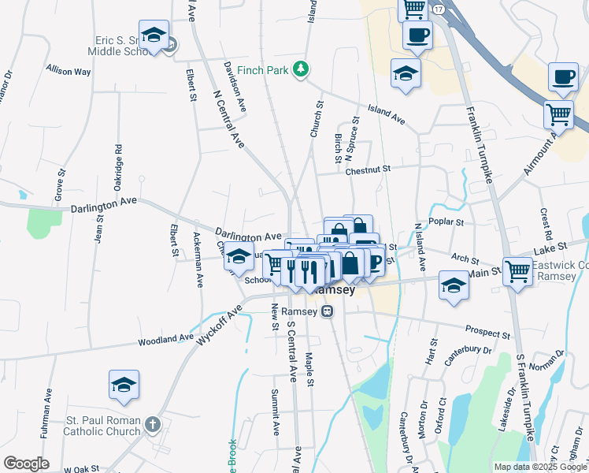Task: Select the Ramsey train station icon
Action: click(x=327, y=311)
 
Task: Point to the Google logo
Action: click(x=26, y=464)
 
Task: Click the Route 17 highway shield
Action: click(x=439, y=8)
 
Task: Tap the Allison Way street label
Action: click(x=69, y=71)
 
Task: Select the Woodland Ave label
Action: click(x=165, y=340)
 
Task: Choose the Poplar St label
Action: click(x=446, y=222)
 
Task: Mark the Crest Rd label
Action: click(x=545, y=223)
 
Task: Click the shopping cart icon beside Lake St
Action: click(x=517, y=271)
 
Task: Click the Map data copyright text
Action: click(x=539, y=467)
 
